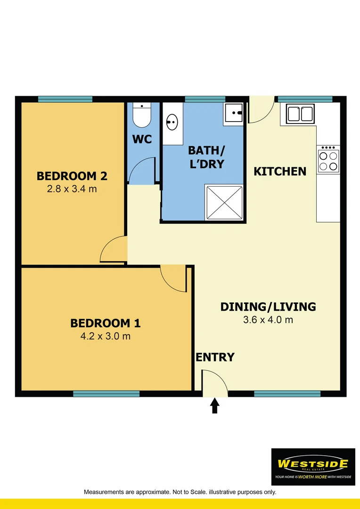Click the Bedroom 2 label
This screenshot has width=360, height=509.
72,176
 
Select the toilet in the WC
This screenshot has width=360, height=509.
141,115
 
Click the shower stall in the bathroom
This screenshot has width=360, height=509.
224,202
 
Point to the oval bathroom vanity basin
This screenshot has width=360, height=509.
172,123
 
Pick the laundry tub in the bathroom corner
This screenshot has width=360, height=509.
233,113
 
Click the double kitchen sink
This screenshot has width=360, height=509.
300,114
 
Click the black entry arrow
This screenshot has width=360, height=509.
215,405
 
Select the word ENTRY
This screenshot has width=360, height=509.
215,357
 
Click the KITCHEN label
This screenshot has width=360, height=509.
280,171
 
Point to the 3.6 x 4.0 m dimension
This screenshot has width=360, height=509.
268,320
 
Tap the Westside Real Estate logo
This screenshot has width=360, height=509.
313,467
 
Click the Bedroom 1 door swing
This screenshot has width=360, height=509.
173,278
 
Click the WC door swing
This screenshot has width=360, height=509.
142,172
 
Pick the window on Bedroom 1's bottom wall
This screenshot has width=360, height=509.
106,394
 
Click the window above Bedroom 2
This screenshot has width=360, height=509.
65,99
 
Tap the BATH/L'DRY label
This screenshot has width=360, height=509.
206,157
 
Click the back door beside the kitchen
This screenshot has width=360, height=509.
261,111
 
